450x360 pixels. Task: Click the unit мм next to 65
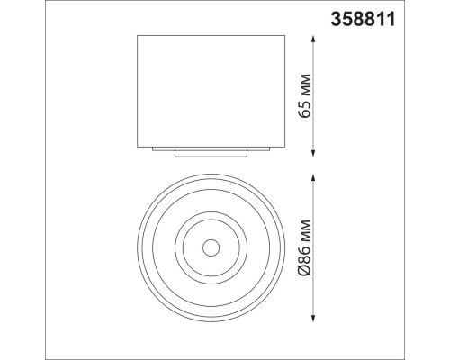click(304, 87)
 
